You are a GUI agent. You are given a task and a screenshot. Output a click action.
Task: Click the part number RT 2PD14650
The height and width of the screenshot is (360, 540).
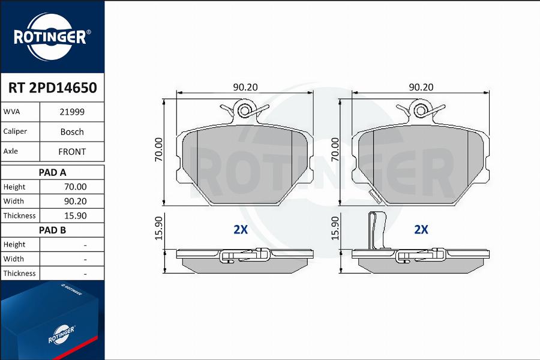tap(52, 88)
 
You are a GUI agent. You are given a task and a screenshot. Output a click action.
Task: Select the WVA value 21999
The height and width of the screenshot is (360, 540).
tap(72, 112)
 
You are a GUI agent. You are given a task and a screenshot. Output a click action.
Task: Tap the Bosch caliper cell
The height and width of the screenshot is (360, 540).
tap(72, 131)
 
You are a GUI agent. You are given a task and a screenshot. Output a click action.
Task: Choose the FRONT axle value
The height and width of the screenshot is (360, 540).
tap(72, 152)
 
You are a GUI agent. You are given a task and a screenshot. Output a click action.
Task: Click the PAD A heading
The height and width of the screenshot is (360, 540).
tap(52, 172)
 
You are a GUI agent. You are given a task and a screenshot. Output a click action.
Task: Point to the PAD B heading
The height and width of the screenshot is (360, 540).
tap(52, 230)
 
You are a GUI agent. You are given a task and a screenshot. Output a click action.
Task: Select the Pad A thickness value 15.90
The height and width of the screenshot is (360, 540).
tap(76, 215)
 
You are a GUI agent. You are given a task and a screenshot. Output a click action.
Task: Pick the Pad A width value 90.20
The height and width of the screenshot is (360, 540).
tap(76, 201)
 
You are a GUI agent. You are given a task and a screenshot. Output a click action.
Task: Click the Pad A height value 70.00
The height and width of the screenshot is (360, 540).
tap(76, 187)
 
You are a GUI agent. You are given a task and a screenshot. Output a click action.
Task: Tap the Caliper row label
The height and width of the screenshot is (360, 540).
tap(15, 131)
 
